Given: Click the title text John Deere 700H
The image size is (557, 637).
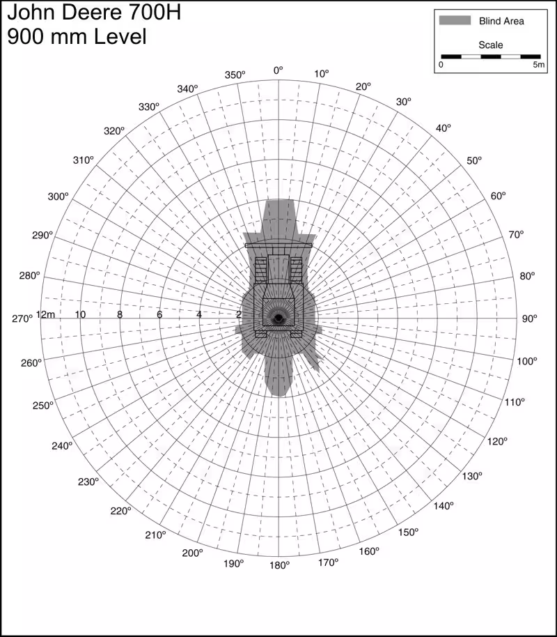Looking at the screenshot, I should [x=94, y=13].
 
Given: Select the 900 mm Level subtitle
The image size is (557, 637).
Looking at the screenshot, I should [x=77, y=37].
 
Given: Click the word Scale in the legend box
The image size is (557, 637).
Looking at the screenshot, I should [x=490, y=45].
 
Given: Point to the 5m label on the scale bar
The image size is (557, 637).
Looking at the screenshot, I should [x=538, y=65].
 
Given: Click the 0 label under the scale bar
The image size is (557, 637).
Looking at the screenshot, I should [x=441, y=65].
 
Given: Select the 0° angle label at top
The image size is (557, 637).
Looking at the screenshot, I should [x=278, y=70].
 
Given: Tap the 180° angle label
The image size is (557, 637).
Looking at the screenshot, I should [x=278, y=565].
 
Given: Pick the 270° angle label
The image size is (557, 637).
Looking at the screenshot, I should [x=22, y=318].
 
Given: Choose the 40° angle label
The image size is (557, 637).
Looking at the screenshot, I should [x=444, y=128].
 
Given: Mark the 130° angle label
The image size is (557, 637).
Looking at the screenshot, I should [x=472, y=476].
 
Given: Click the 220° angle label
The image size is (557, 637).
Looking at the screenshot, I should [x=120, y=511].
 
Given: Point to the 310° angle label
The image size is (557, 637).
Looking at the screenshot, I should [x=83, y=160].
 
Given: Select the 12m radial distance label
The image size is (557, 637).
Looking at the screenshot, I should [x=46, y=314].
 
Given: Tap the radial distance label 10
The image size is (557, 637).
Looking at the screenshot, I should [x=80, y=314].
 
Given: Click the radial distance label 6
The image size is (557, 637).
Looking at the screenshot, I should [x=159, y=314].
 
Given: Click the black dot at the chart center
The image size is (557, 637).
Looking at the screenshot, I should [x=278, y=318].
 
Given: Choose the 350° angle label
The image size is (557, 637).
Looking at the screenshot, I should [x=235, y=75].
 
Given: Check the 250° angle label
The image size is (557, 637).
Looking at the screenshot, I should [x=43, y=406].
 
